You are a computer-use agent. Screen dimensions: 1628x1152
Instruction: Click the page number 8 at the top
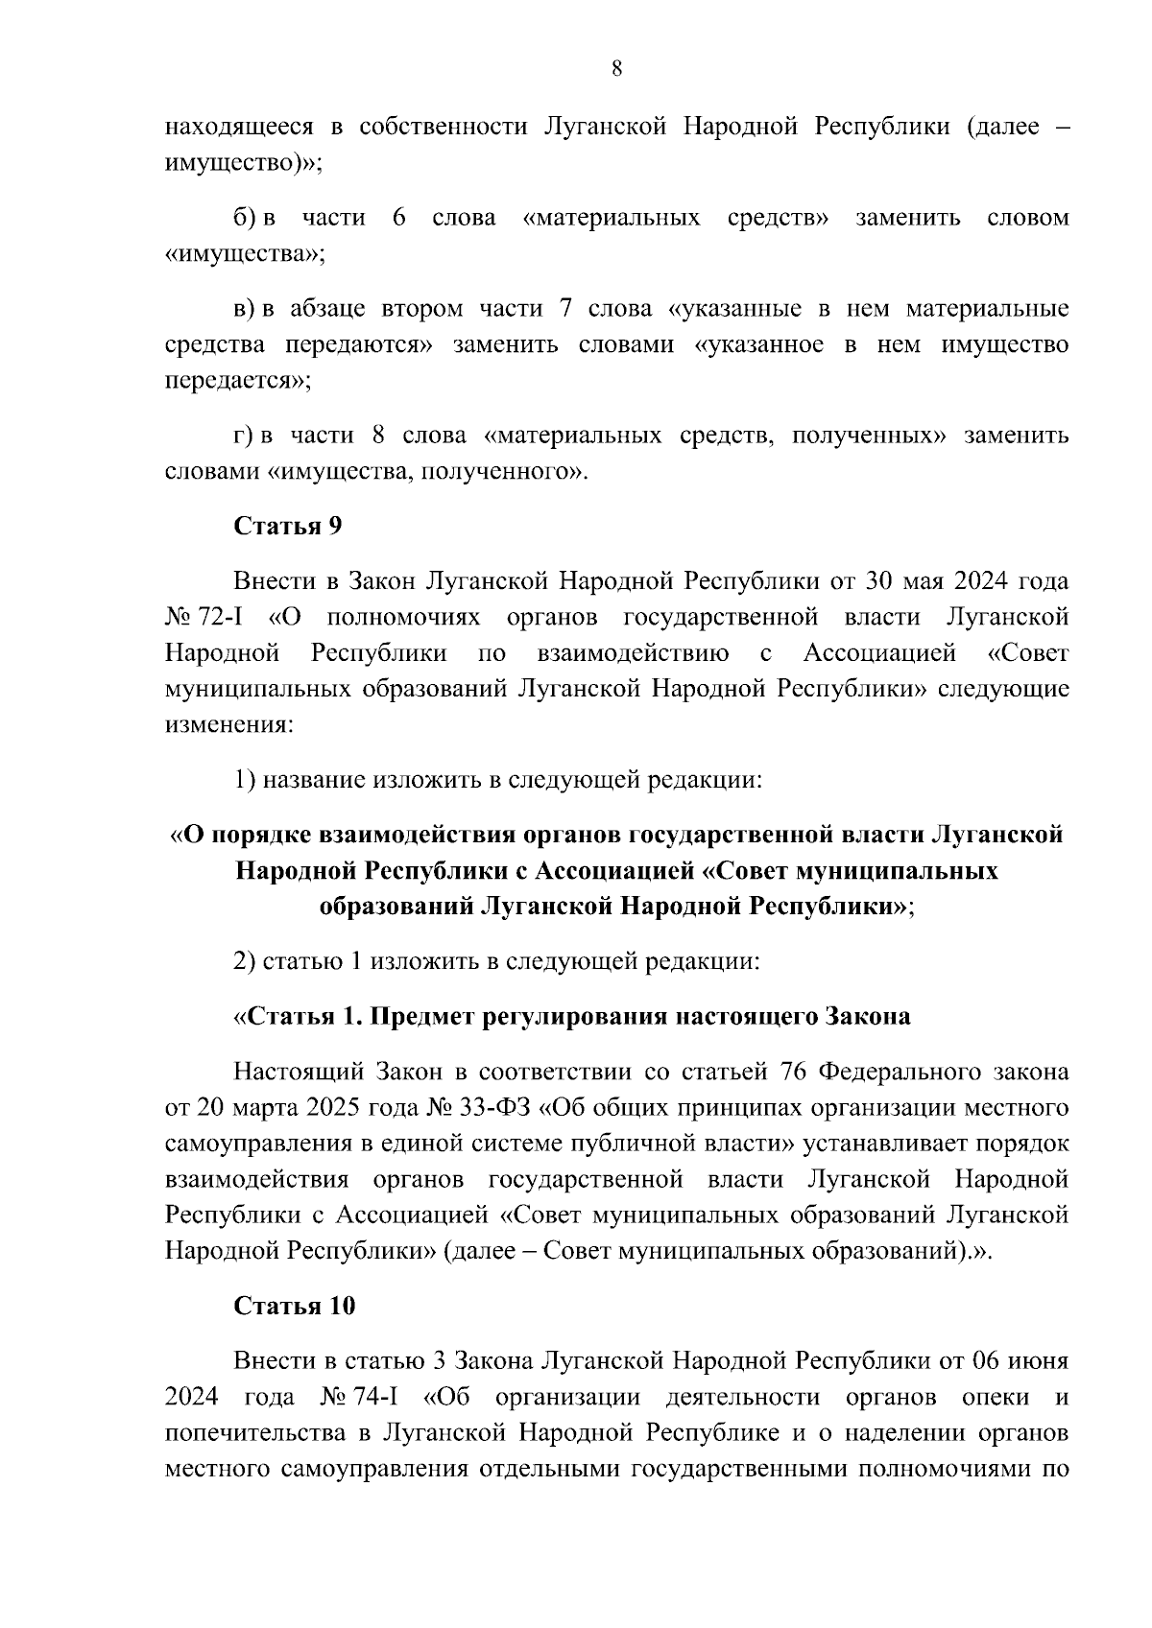[x=616, y=67]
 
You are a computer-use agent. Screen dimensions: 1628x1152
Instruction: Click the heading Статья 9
[x=288, y=526]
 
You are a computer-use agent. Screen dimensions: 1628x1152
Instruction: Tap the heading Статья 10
[x=295, y=1306]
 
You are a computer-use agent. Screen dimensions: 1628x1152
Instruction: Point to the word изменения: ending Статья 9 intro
[x=228, y=725]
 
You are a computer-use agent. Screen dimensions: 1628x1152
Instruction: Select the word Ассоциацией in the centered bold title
[x=612, y=871]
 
